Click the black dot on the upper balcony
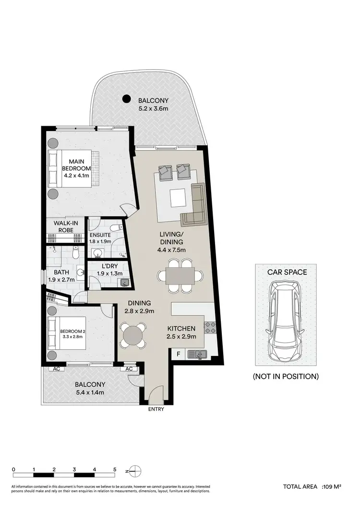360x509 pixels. [126, 99]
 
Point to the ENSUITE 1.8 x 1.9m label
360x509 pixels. [100, 238]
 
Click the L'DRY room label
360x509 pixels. [107, 270]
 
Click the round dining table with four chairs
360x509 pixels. [133, 334]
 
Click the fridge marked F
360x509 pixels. [179, 355]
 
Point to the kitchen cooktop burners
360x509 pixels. [211, 327]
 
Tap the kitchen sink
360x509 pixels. [197, 355]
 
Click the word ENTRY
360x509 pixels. [156, 409]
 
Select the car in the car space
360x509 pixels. [286, 321]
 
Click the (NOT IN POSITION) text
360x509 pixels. [286, 377]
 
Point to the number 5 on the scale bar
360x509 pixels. [115, 469]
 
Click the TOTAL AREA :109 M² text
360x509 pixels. [312, 487]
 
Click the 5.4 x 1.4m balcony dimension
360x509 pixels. [90, 393]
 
